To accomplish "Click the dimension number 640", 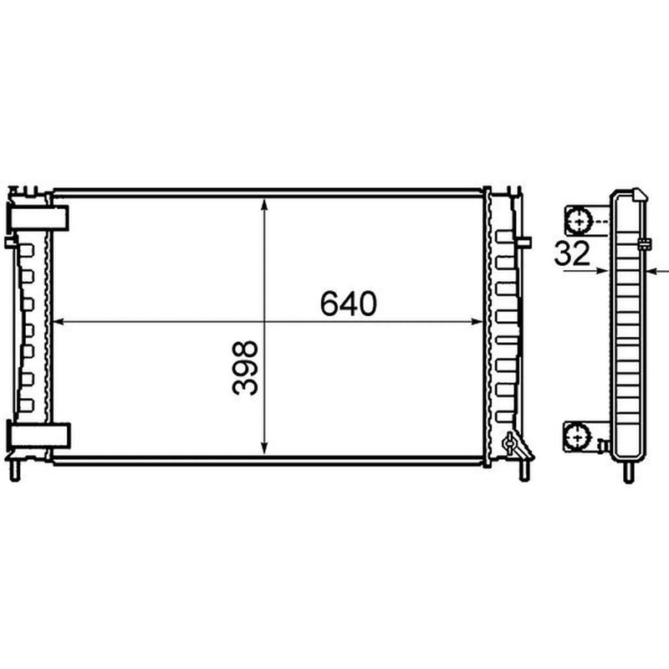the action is [348, 304].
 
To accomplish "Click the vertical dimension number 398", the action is [245, 367].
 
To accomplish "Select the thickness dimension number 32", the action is [572, 253].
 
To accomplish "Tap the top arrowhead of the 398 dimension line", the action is [264, 205].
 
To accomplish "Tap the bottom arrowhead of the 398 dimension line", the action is [264, 448].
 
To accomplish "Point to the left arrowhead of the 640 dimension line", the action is [58, 322].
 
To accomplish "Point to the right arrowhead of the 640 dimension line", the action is [477, 322].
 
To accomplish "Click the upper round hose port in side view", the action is [579, 222].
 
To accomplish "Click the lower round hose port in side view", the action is [577, 437].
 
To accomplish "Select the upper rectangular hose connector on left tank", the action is [38, 218].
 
